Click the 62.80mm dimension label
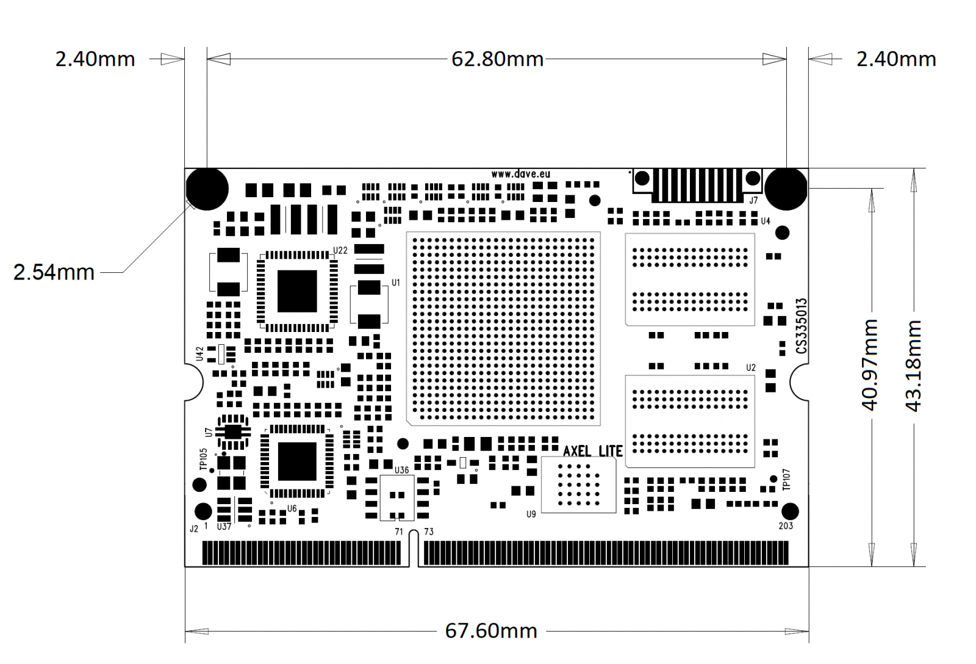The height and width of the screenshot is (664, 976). point(497,59)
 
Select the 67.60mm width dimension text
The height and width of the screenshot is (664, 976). point(491,630)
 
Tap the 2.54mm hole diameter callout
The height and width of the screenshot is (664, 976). point(54,272)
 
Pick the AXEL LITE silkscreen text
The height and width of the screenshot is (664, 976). point(592,451)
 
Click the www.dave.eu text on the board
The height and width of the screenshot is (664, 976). point(520,175)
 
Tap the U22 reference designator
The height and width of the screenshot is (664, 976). point(340,250)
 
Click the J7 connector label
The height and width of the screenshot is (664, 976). point(754,200)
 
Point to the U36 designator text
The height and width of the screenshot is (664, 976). point(401,470)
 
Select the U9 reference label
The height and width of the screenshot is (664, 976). point(531,514)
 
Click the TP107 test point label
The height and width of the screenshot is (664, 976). point(786,480)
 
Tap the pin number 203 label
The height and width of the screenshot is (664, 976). point(786,525)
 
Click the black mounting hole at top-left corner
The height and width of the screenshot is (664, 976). point(207,189)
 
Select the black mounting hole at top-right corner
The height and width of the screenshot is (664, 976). point(786,189)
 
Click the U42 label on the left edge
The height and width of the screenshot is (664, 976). point(199,354)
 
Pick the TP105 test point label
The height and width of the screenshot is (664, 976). point(204,459)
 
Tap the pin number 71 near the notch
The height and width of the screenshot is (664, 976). point(399,532)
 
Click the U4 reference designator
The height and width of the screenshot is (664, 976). point(766,221)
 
